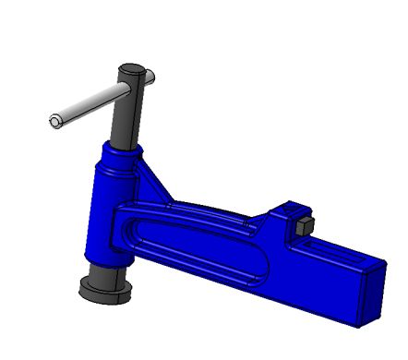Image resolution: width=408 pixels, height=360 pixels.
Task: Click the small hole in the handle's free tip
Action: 54,120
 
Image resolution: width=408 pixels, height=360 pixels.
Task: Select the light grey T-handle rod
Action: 88,104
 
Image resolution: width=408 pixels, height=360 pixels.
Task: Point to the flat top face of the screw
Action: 130,69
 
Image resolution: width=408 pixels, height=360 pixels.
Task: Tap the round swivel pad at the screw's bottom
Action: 106,290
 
